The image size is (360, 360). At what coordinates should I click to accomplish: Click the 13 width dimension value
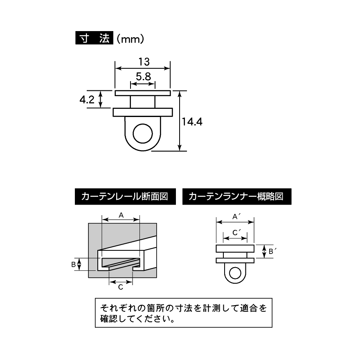[x=144, y=62]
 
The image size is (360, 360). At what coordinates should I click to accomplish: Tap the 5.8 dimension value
[x=143, y=76]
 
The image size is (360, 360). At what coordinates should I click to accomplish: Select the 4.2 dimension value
[x=87, y=100]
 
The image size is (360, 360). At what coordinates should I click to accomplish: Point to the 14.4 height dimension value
[x=192, y=122]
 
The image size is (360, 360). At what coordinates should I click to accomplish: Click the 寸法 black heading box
[x=94, y=38]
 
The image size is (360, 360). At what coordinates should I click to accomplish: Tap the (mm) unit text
[x=130, y=39]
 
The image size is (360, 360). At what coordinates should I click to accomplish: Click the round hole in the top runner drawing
[x=143, y=134]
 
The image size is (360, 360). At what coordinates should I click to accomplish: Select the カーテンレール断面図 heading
[x=125, y=196]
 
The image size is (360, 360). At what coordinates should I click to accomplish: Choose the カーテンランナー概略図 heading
[x=237, y=196]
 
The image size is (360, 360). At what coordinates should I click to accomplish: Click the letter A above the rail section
[x=121, y=215]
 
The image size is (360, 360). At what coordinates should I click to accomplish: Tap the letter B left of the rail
[x=73, y=265]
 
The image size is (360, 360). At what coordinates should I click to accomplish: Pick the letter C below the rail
[x=121, y=287]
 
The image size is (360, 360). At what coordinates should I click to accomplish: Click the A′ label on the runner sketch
[x=236, y=216]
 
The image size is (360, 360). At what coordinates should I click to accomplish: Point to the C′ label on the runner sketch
[x=236, y=233]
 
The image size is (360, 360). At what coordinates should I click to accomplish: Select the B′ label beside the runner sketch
[x=272, y=251]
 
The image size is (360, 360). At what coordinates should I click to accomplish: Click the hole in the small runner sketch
[x=235, y=273]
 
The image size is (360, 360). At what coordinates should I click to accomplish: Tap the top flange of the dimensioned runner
[x=143, y=93]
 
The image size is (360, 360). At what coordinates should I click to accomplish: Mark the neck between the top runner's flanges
[x=143, y=102]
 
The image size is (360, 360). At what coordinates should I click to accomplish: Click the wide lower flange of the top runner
[x=143, y=112]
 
